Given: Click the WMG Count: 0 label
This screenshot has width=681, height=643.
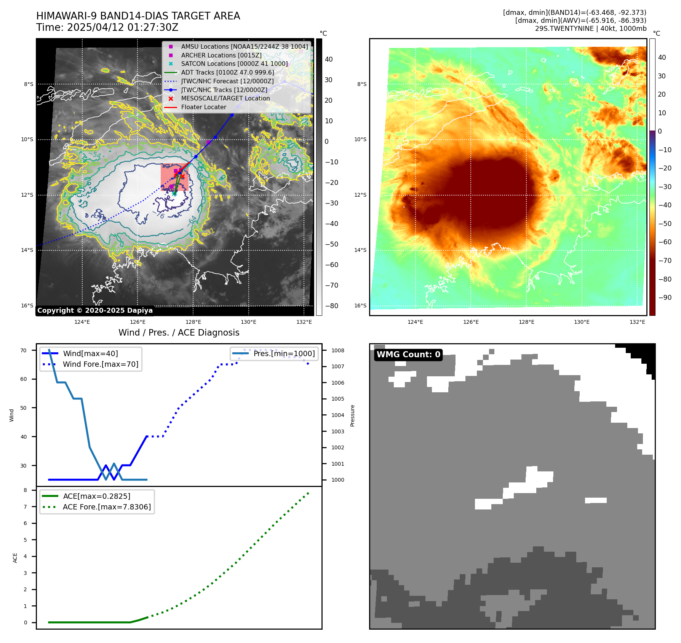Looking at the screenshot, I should [408, 355].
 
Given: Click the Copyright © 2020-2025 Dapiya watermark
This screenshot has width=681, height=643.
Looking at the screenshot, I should [95, 310].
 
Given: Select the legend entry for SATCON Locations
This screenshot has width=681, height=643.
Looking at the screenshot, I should [234, 64].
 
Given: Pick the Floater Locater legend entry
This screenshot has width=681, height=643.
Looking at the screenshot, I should [203, 107].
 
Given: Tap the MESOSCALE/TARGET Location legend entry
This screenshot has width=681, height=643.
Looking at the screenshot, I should [225, 99].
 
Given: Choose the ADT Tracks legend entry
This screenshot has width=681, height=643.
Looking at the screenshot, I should [227, 73].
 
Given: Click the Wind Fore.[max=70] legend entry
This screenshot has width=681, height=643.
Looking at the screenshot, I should [101, 364].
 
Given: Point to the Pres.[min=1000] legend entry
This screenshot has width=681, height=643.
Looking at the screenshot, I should [284, 354].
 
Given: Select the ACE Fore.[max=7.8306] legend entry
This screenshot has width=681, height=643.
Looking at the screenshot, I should [107, 507].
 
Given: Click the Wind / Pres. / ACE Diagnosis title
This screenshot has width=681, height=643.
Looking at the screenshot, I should [179, 333].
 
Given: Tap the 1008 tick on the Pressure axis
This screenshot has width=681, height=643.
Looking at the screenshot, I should [337, 351].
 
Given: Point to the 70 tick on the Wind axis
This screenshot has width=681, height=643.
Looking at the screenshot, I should [24, 351].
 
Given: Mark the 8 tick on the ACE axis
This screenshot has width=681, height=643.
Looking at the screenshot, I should [26, 490].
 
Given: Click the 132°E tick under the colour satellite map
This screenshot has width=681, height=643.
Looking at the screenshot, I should [637, 322].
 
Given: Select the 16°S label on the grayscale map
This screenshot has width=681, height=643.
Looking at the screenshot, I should [27, 306].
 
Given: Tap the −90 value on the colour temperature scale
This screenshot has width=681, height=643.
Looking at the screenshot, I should [665, 298].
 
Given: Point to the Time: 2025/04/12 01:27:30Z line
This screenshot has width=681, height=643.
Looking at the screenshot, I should [107, 28].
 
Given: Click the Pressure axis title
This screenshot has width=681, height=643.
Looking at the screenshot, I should [352, 415].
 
